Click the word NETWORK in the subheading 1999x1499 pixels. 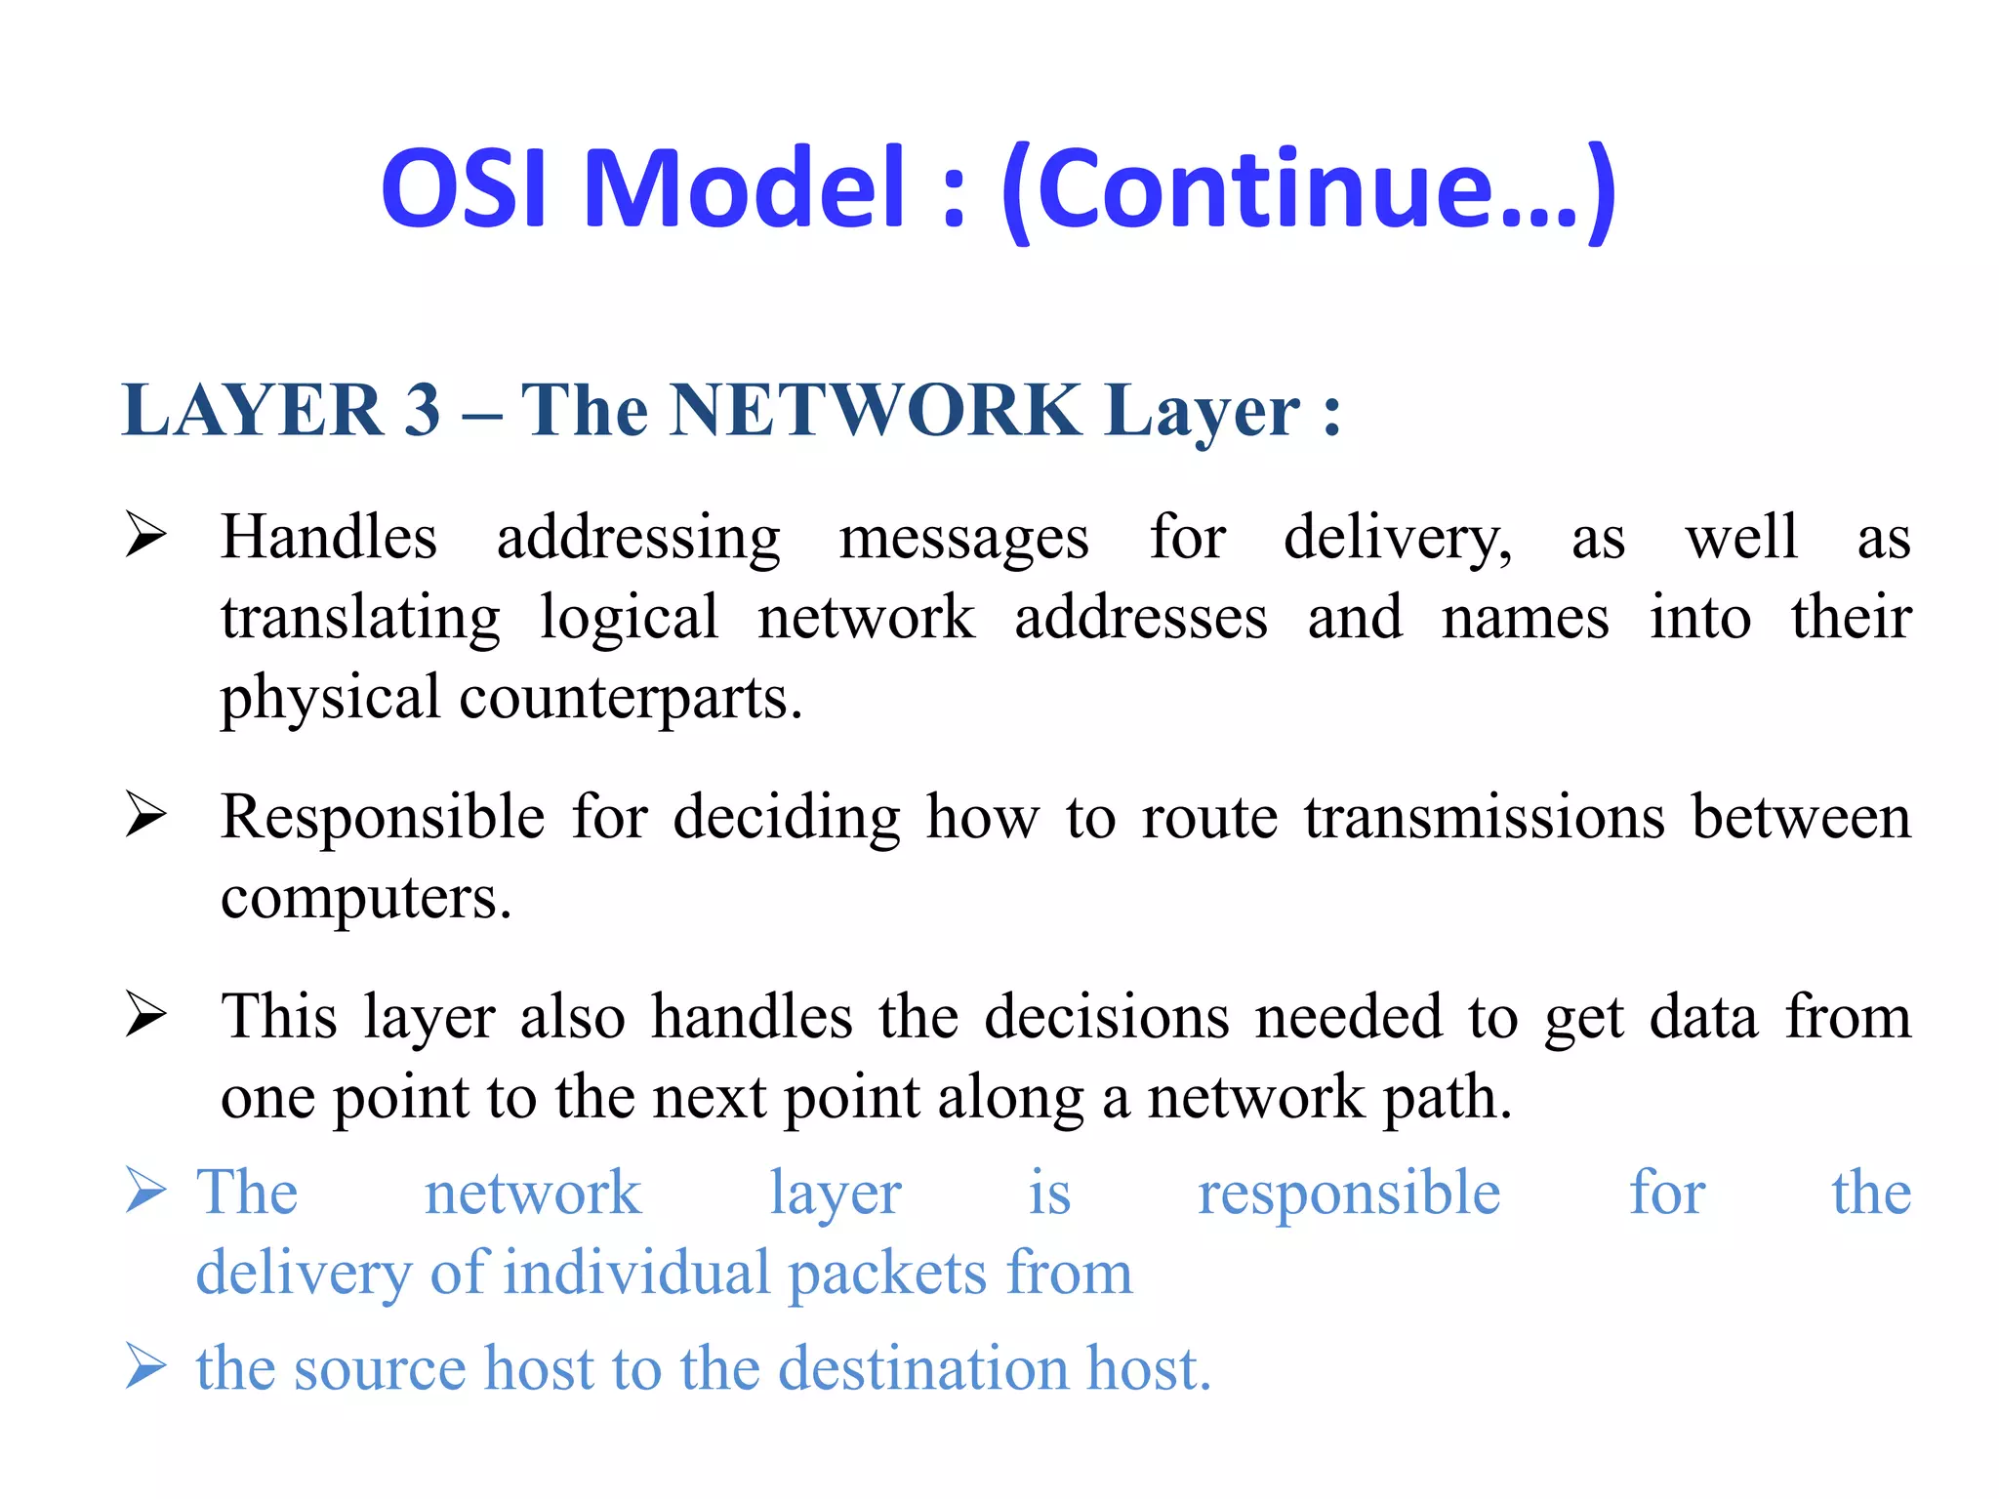877,411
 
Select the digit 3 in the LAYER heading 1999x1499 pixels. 422,411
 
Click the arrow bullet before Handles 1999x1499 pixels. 146,537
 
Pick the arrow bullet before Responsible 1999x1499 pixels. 146,816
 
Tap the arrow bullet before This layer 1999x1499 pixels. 146,1016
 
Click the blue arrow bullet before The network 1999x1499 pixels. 146,1192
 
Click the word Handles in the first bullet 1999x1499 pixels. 328,538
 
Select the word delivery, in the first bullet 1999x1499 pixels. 1397,540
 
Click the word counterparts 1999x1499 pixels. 630,699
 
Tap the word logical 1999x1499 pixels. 629,620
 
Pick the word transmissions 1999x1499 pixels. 1484,818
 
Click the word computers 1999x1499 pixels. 365,899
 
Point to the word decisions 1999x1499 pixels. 1106,1018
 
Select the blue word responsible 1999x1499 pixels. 1348,1195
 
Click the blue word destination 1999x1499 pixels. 923,1368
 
